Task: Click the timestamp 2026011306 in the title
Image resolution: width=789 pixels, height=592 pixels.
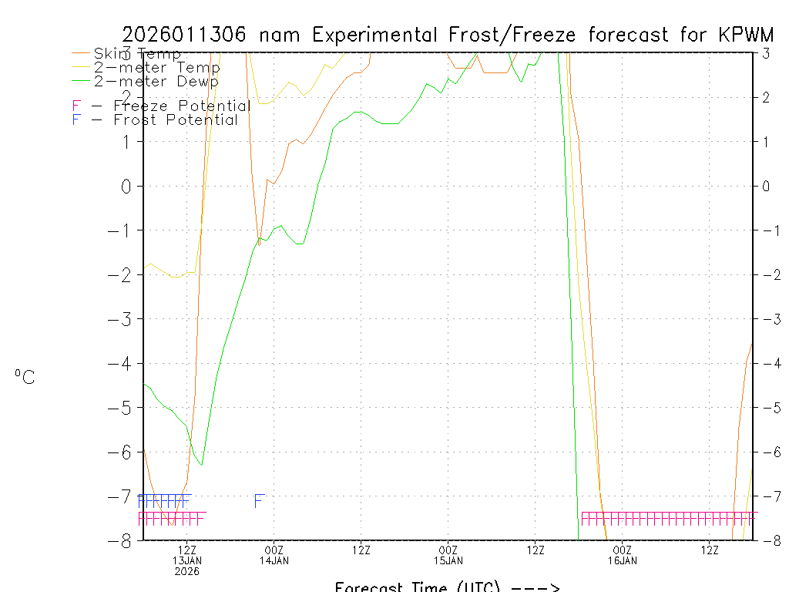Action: [x=183, y=35]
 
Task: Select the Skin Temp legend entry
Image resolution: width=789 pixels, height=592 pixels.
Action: [x=137, y=54]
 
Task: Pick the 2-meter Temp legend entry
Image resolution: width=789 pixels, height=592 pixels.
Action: [x=156, y=68]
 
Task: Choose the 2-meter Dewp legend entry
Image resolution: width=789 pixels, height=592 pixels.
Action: [x=156, y=81]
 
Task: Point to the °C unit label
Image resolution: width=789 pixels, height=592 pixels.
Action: [x=25, y=377]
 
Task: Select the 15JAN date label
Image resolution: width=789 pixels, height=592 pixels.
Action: [x=448, y=560]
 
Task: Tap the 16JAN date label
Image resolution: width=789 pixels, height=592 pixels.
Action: [x=623, y=560]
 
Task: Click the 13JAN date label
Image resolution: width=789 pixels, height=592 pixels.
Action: [x=187, y=560]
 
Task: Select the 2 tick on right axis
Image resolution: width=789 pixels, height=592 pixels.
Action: [x=766, y=97]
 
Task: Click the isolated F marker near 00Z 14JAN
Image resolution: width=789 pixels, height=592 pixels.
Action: [x=259, y=501]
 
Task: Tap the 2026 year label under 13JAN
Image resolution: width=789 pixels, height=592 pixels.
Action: [x=187, y=571]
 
